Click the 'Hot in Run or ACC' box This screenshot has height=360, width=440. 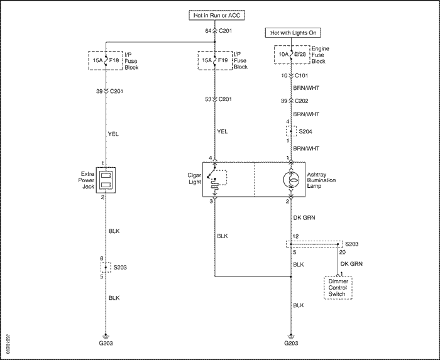pos(217,15)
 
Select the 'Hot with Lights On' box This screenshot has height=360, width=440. pos(293,33)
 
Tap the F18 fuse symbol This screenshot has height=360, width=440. pos(106,60)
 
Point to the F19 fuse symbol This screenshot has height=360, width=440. pos(215,60)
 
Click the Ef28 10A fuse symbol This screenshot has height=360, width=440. pos(291,54)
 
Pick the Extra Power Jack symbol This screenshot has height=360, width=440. pos(106,180)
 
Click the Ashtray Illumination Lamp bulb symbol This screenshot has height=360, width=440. pos(291,180)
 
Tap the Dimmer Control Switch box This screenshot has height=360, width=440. pos(338,288)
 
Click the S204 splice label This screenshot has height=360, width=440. pos(305,131)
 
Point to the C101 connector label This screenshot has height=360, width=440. pos(301,75)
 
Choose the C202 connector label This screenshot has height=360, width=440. pos(301,101)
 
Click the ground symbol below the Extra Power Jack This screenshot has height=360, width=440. pos(106,337)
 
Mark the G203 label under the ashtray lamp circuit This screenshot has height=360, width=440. pos(291,343)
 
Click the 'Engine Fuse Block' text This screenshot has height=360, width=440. pos(320,55)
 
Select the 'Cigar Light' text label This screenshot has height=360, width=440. pos(194,178)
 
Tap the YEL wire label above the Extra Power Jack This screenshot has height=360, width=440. pos(113,134)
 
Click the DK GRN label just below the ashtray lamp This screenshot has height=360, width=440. pos(304,217)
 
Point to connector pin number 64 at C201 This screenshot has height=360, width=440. pos(208,31)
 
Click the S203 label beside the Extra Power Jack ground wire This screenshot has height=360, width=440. pos(120,268)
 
